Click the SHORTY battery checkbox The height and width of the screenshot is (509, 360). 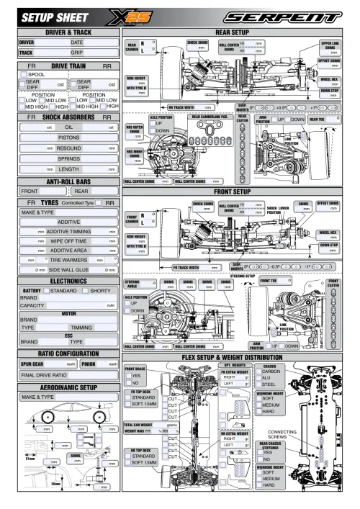click(86, 290)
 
